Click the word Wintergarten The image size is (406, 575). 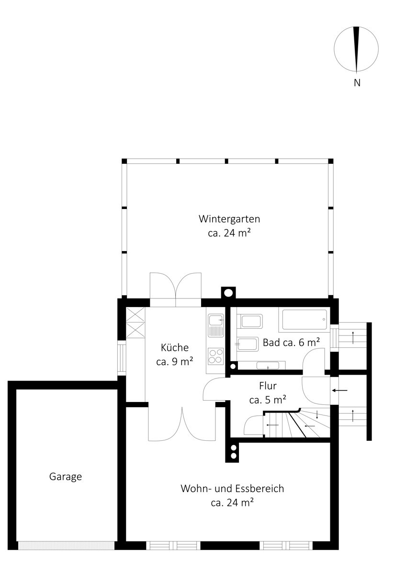229,219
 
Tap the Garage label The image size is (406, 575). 66,477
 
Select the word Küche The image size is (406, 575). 175,347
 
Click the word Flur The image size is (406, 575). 268,386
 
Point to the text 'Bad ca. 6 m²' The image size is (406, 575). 292,343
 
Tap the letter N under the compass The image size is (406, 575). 357,83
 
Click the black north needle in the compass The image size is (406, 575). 356,49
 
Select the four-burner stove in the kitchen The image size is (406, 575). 216,356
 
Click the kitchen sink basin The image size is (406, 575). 216,321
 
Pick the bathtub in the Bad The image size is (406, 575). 304,319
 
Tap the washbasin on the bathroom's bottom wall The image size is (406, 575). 268,366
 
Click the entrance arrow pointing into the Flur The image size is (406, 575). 340,391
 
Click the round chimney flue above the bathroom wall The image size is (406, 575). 228,293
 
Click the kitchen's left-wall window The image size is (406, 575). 122,358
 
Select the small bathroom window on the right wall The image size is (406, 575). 334,338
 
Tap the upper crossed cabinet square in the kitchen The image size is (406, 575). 135,315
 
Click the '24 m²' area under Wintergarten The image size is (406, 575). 229,233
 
